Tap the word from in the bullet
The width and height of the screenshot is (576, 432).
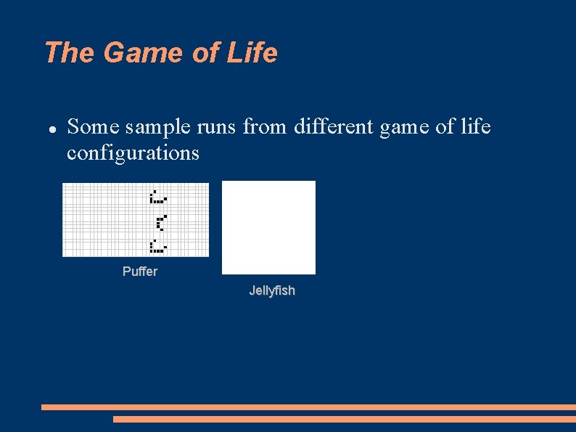click(266, 128)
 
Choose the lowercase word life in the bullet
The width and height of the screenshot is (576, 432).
click(474, 128)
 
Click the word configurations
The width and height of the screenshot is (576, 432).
click(133, 153)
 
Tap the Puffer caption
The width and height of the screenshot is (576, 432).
click(139, 272)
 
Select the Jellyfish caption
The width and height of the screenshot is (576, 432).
click(272, 290)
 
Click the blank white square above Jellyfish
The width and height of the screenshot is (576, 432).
click(268, 227)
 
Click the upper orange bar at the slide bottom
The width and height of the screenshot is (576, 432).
click(308, 407)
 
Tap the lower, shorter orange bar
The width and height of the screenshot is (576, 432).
click(344, 419)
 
